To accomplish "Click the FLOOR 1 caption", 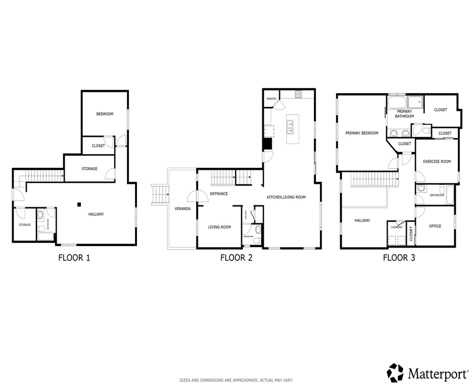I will point(74,258).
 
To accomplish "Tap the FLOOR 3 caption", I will point(399,258).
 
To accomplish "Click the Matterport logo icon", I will point(395,373).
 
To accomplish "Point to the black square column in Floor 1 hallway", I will point(79,204).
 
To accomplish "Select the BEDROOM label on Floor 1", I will point(105,114).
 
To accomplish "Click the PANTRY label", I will point(271,106).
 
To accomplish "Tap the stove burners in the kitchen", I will point(298,93).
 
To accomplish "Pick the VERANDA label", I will point(182,208).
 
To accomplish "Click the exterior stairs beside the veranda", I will point(159,194).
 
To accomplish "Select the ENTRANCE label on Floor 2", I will point(219,193).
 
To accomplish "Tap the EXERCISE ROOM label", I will point(436,162).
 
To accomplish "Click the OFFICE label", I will point(435,226).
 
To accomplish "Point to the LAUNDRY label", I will point(397,227).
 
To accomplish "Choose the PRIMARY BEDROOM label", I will point(361,133).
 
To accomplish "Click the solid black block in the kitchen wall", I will point(267,143).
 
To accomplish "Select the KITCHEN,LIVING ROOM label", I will point(286,197).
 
